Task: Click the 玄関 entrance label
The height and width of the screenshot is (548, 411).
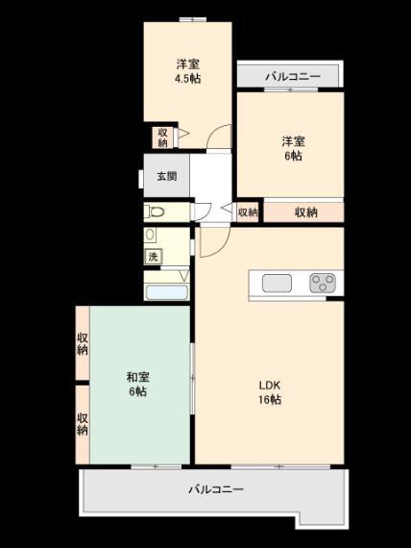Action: click(166, 177)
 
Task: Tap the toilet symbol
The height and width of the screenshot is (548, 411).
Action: click(155, 212)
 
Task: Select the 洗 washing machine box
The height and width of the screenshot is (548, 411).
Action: click(153, 257)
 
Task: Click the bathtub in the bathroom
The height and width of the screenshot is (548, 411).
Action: click(166, 292)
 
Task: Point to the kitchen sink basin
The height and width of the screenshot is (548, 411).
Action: click(277, 283)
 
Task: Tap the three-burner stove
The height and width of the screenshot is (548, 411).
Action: click(323, 283)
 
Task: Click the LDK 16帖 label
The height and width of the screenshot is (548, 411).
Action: click(270, 392)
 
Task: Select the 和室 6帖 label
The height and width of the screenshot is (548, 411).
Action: click(138, 385)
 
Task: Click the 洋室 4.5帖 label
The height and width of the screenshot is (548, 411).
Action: click(188, 72)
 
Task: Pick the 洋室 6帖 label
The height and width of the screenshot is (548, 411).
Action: click(293, 148)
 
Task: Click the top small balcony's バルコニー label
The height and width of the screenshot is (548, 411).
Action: click(293, 77)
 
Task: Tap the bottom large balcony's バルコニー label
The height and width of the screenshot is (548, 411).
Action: click(216, 489)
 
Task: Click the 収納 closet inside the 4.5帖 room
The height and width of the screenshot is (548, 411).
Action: click(162, 137)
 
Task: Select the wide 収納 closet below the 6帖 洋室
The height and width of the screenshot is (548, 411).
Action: click(303, 212)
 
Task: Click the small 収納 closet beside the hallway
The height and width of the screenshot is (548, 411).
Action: click(248, 212)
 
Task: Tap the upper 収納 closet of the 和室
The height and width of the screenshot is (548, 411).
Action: click(83, 343)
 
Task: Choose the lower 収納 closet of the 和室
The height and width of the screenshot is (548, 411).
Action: click(83, 425)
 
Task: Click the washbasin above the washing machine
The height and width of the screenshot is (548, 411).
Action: click(151, 235)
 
